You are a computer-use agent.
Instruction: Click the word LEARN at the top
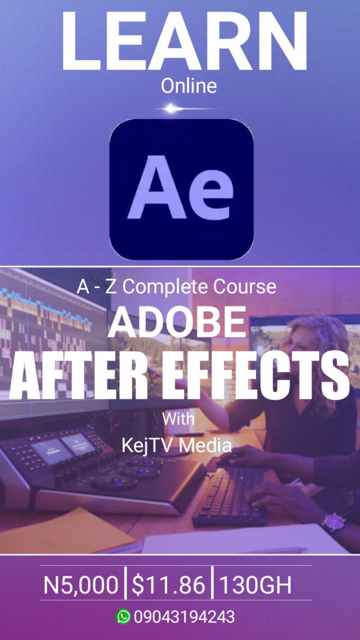pyautogui.click(x=184, y=41)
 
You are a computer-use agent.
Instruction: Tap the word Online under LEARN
pyautogui.click(x=189, y=86)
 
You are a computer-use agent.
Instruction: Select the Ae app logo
pyautogui.click(x=181, y=189)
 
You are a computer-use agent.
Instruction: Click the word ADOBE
pyautogui.click(x=177, y=322)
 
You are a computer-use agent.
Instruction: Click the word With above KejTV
pyautogui.click(x=178, y=419)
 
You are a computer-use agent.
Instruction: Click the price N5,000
pyautogui.click(x=81, y=586)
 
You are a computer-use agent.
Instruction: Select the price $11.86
pyautogui.click(x=168, y=586)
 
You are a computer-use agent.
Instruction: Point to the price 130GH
pyautogui.click(x=255, y=586)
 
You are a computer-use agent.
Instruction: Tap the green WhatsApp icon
pyautogui.click(x=123, y=617)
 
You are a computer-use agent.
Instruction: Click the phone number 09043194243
pyautogui.click(x=184, y=617)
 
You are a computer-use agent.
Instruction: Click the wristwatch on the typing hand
pyautogui.click(x=333, y=522)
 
